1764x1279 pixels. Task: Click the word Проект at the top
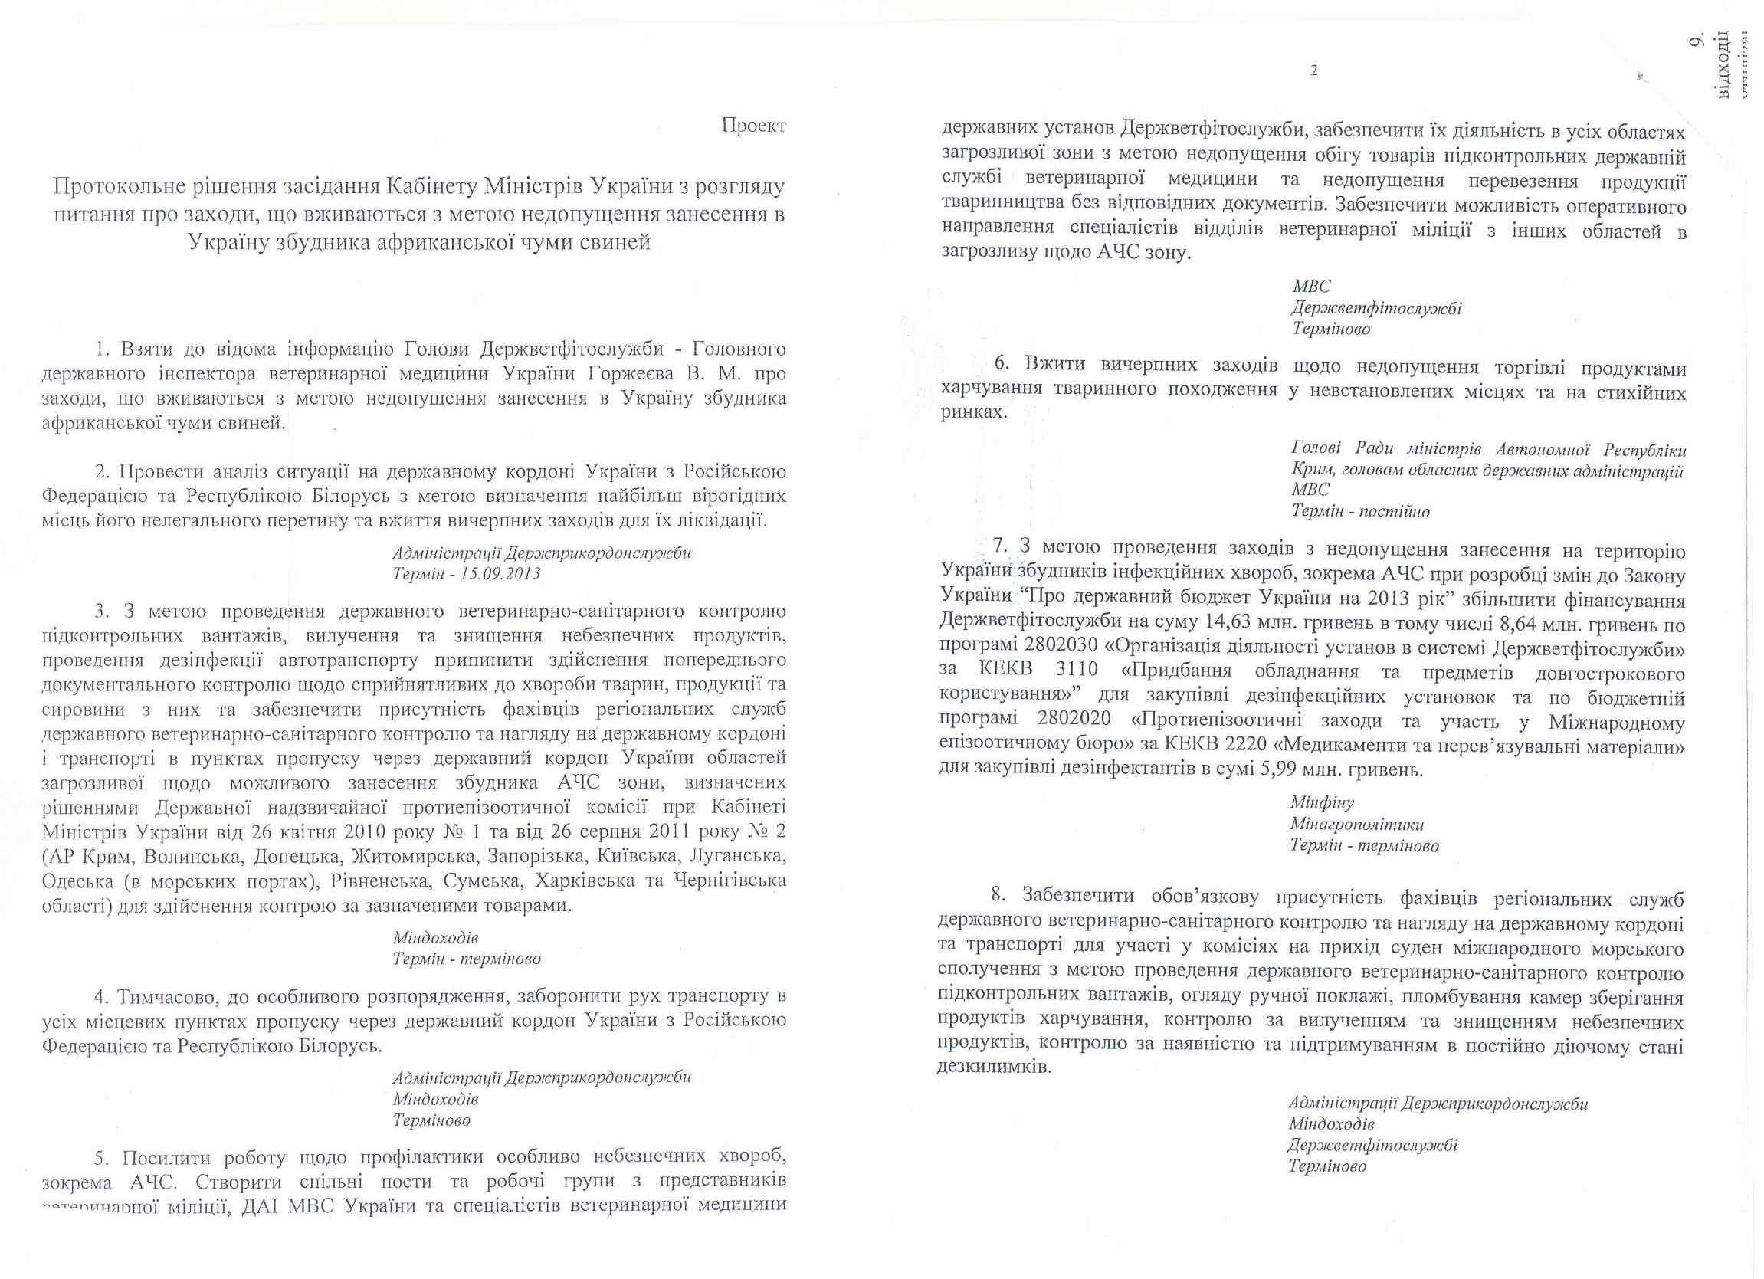(x=753, y=125)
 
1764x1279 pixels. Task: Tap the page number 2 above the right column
(x=1313, y=71)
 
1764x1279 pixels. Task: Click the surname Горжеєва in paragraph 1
(x=668, y=373)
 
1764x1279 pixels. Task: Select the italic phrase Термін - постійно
(x=1360, y=511)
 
